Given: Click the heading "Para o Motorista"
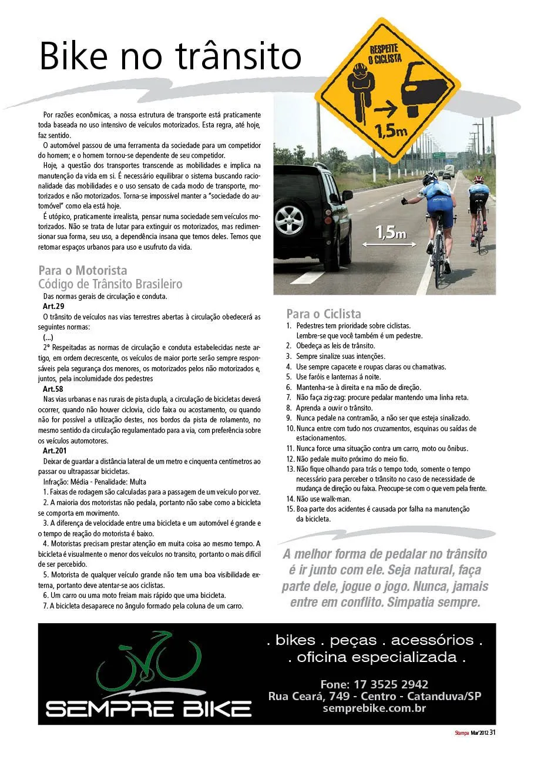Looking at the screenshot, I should click(83, 271).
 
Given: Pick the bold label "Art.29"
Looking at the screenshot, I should click(53, 307).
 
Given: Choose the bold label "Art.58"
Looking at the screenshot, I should click(53, 389).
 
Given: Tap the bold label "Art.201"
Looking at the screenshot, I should click(55, 451).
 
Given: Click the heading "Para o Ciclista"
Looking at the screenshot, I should click(324, 314).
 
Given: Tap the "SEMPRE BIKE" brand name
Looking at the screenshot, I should click(149, 709).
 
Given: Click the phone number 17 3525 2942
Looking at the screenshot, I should click(374, 684).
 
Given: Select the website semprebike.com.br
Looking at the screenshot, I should click(374, 708).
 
